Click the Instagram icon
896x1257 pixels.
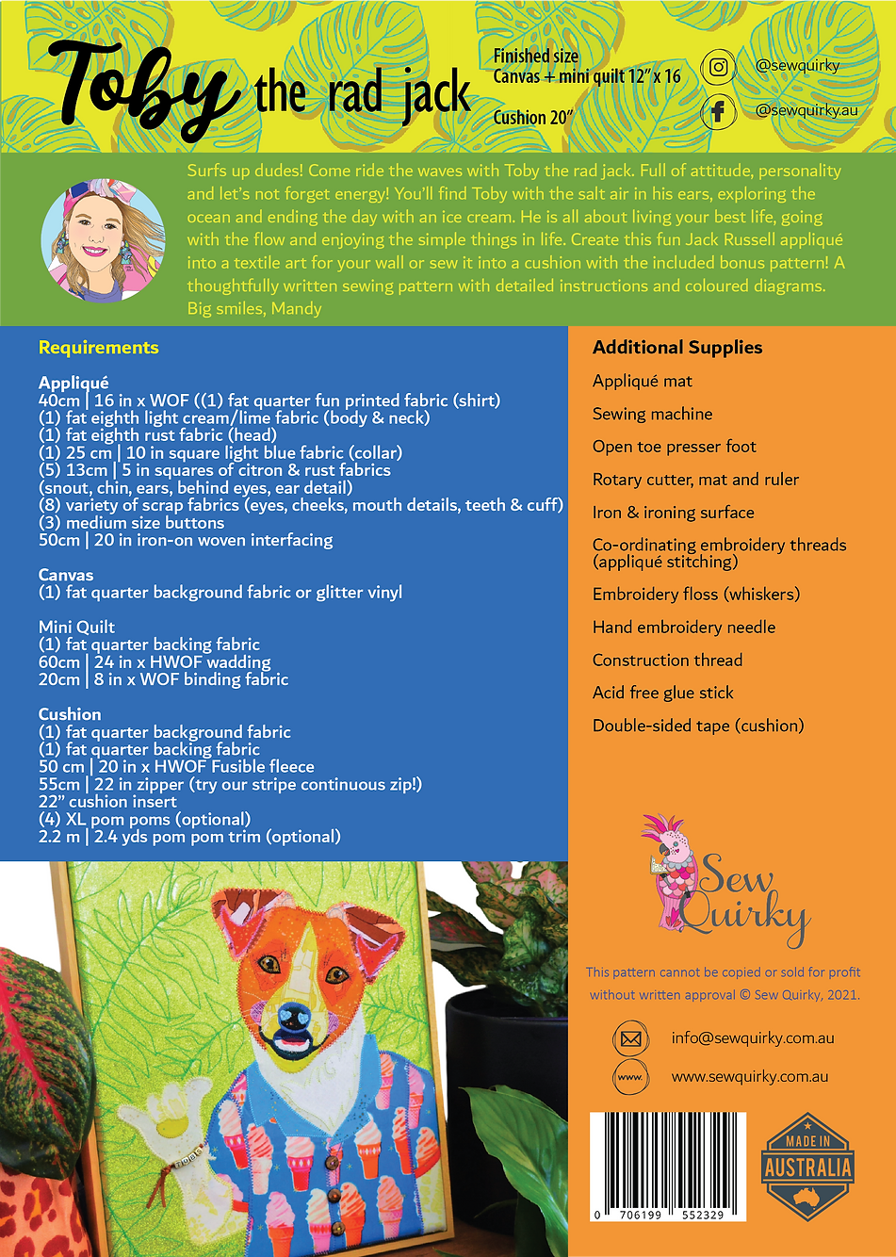[718, 68]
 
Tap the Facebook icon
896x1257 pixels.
[718, 112]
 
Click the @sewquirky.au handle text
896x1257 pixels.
[806, 110]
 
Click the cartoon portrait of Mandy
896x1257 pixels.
[104, 240]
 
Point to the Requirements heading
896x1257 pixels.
[99, 348]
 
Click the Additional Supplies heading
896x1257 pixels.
[677, 348]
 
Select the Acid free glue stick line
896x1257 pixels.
[662, 693]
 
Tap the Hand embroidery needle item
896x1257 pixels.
[684, 628]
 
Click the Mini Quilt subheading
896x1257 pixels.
[76, 627]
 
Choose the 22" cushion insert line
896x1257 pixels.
[107, 802]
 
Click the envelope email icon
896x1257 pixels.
[631, 1039]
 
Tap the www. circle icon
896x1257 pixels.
[631, 1077]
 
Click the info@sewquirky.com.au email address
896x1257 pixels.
[753, 1038]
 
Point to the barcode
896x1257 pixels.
[667, 1165]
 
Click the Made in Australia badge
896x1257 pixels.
[807, 1167]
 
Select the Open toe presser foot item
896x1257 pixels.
[674, 447]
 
